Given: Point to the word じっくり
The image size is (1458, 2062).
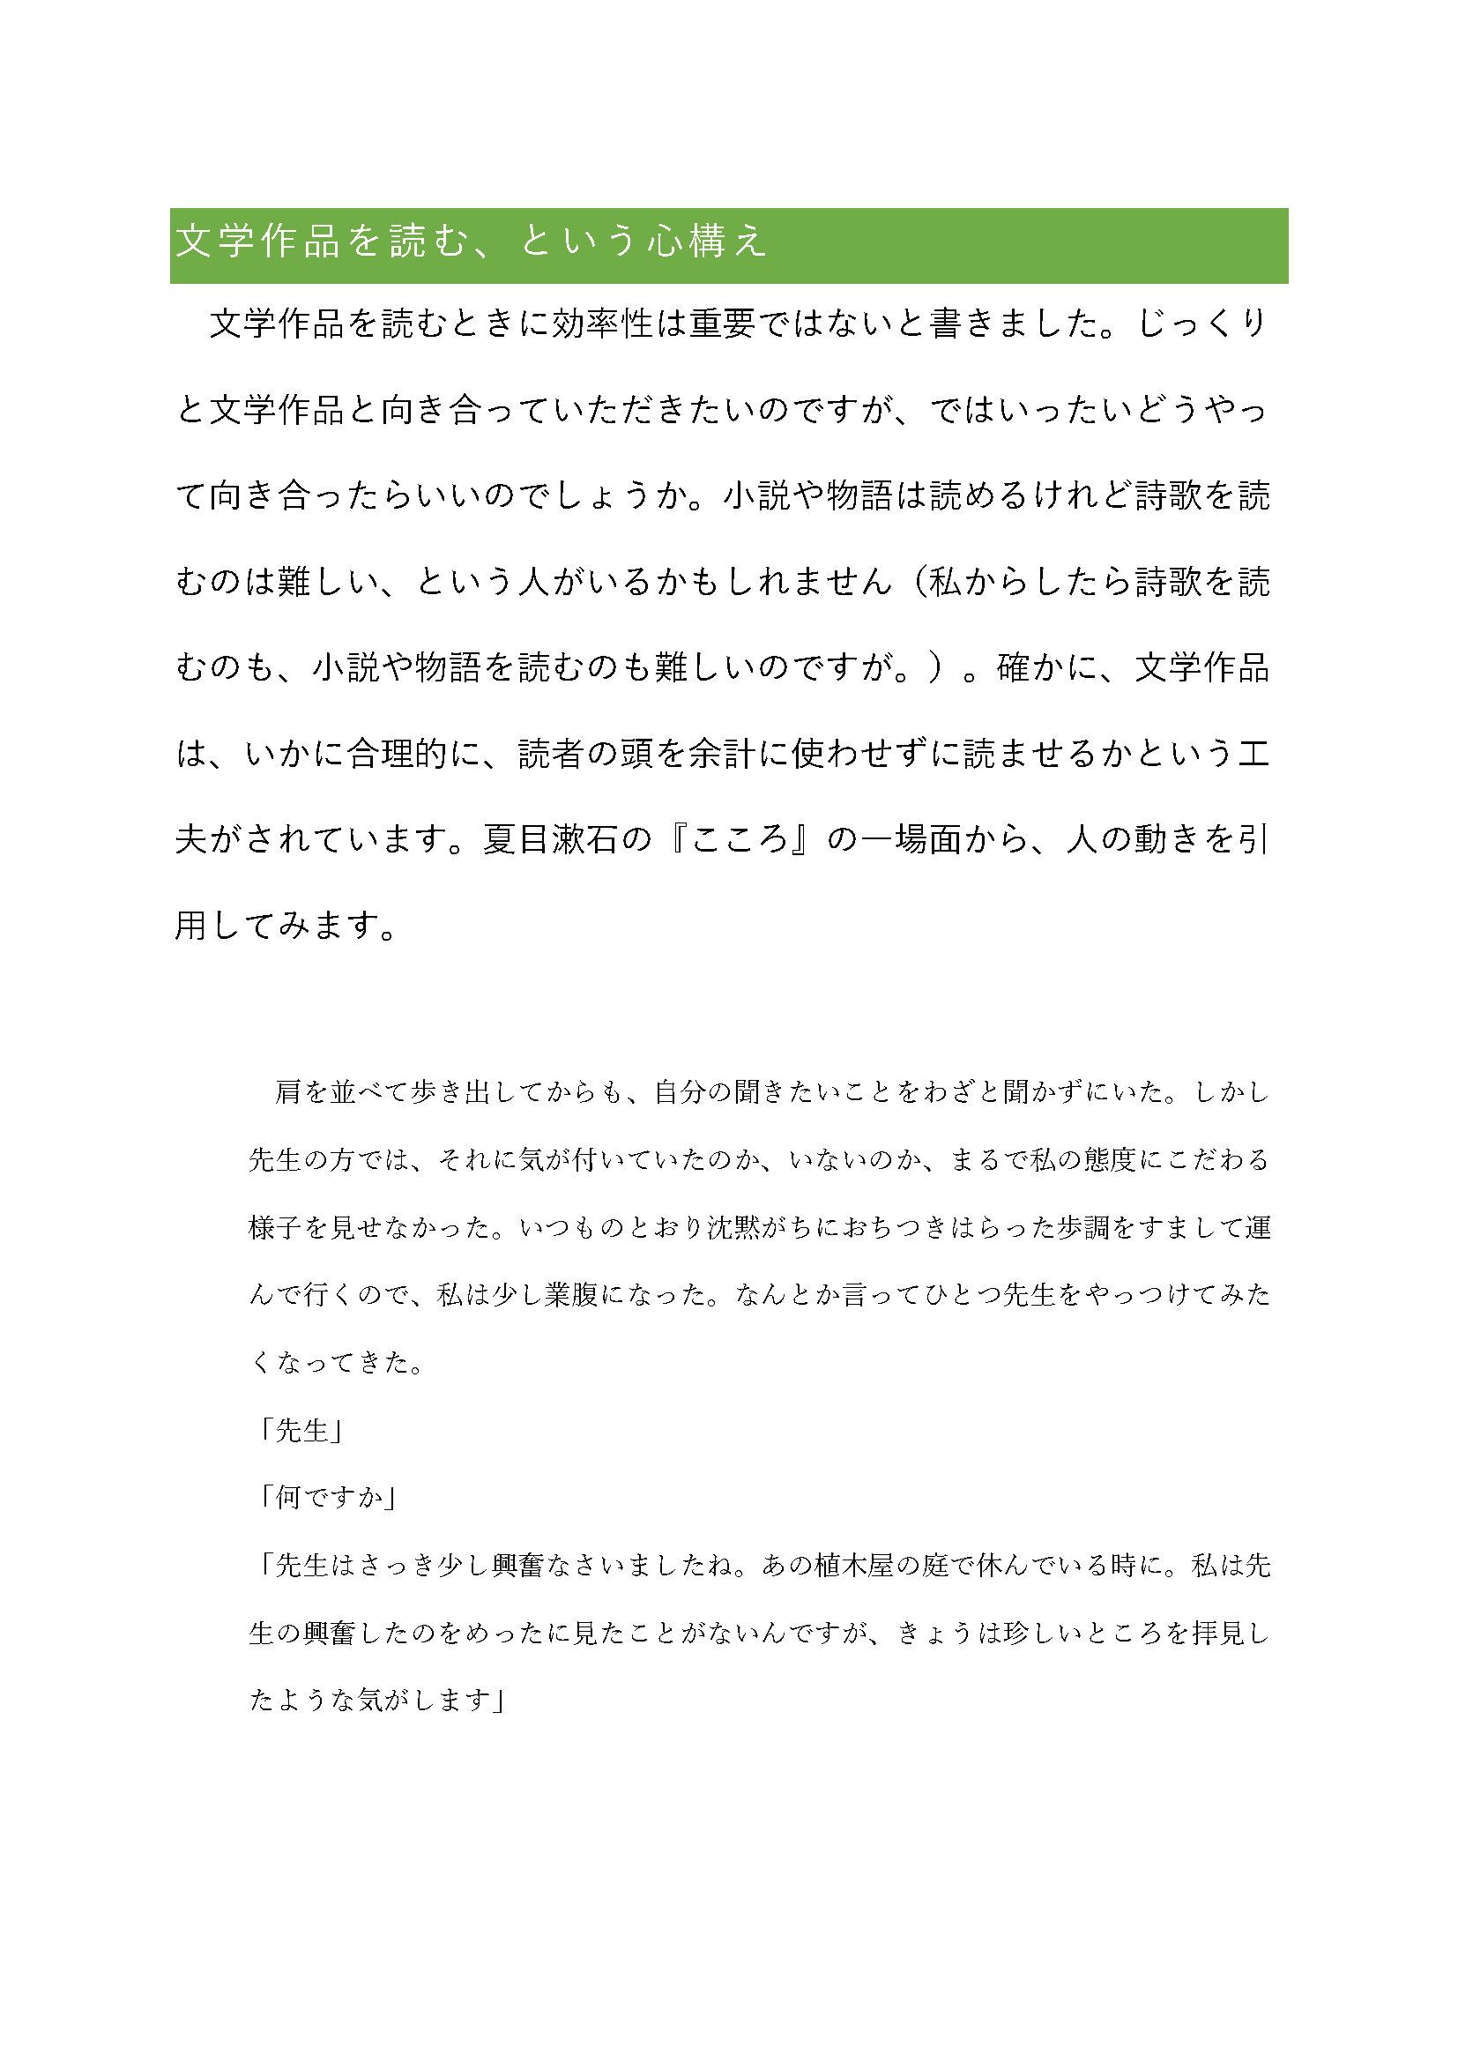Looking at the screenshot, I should tap(1202, 324).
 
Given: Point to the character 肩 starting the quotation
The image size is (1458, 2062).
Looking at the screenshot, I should tap(288, 1093).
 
